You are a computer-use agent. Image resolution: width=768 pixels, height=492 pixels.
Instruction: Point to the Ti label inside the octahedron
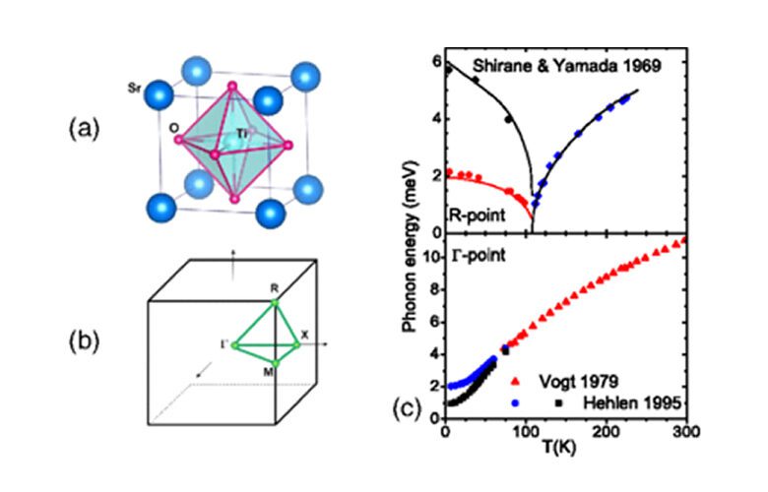coord(241,132)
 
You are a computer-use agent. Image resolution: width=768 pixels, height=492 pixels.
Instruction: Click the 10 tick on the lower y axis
coord(430,259)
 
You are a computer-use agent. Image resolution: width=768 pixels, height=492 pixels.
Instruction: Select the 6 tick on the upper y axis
coord(434,62)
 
